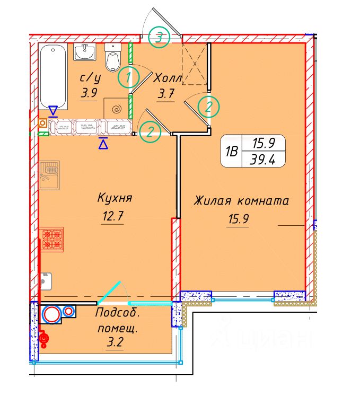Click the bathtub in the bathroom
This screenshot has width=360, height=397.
(53, 77)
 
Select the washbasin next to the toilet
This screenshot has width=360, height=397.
(84, 52)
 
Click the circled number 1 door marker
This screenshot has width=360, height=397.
(128, 78)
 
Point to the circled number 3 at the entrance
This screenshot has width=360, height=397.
(159, 37)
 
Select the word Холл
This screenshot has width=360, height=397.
(168, 78)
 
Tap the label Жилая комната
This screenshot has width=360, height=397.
(241, 201)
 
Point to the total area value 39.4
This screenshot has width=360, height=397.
(263, 158)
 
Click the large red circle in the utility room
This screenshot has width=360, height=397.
(51, 314)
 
